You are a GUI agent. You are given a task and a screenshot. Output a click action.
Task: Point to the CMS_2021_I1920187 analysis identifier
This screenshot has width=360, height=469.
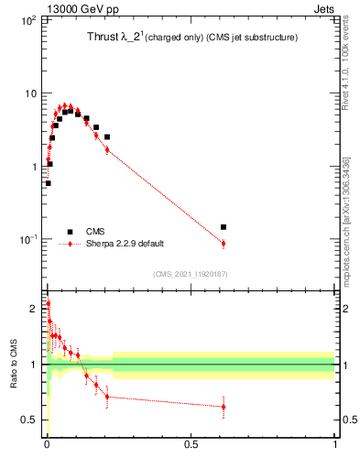click(191, 274)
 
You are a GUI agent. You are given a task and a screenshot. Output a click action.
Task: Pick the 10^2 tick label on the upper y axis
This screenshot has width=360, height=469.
click(27, 19)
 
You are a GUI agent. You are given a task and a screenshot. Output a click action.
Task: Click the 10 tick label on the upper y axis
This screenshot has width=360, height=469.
click(29, 93)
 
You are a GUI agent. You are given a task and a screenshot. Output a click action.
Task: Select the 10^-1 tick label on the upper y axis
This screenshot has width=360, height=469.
click(27, 239)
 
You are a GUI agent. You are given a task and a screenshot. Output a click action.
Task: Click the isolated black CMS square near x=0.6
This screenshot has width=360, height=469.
click(224, 226)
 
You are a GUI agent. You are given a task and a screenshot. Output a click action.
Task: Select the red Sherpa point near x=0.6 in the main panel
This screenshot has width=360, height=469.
click(224, 243)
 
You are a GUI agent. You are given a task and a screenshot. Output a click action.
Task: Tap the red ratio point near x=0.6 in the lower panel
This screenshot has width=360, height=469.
click(224, 407)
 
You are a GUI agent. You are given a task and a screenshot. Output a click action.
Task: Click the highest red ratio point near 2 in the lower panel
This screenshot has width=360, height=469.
click(48, 303)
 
